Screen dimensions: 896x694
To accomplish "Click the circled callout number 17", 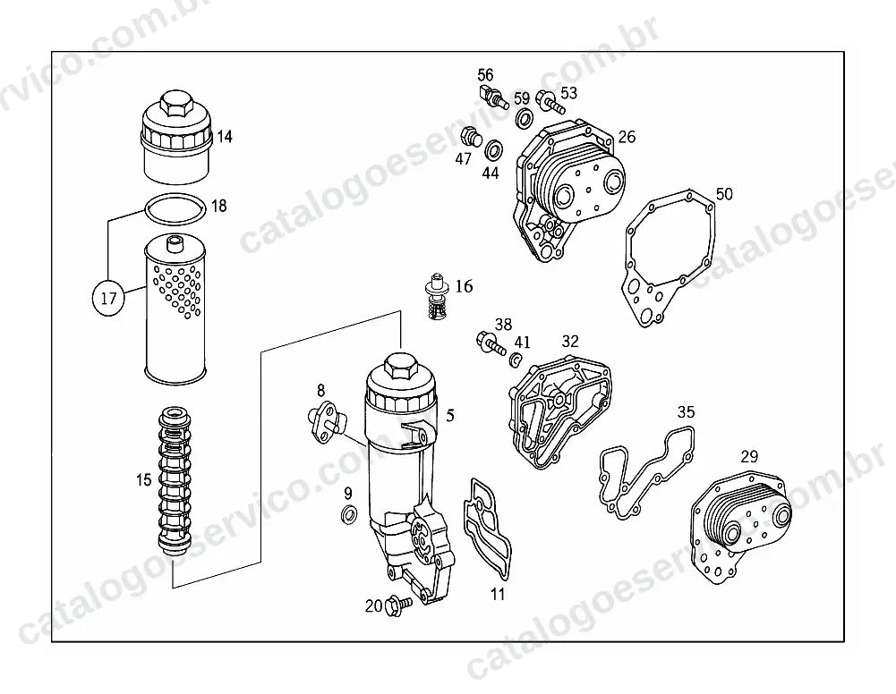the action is (x=108, y=298).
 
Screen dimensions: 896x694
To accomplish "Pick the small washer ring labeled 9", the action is (x=348, y=514).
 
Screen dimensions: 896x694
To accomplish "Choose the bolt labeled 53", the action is (x=550, y=103).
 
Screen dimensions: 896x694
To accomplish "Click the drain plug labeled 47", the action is (x=470, y=137).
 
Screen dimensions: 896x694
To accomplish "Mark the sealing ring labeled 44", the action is (x=492, y=150).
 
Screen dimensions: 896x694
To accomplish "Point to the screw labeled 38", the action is (x=491, y=343).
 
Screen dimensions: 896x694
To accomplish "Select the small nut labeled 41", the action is (x=516, y=360).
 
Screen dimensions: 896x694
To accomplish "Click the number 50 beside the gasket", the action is (x=724, y=194).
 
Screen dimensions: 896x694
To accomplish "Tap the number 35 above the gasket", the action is (x=687, y=411).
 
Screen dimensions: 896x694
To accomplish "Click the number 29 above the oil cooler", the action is (x=749, y=456).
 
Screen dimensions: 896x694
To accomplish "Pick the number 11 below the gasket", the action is (x=499, y=594).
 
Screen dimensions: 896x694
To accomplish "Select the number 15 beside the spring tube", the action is (x=143, y=479).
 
